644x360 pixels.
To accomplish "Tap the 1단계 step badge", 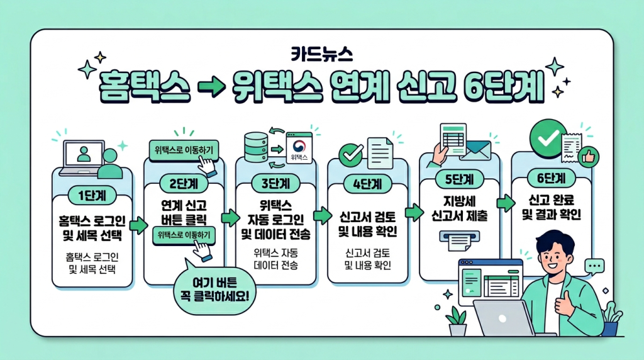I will tap(93, 195).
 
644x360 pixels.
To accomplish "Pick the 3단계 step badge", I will tap(275, 184).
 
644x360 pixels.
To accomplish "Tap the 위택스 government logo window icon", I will tap(299, 150).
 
